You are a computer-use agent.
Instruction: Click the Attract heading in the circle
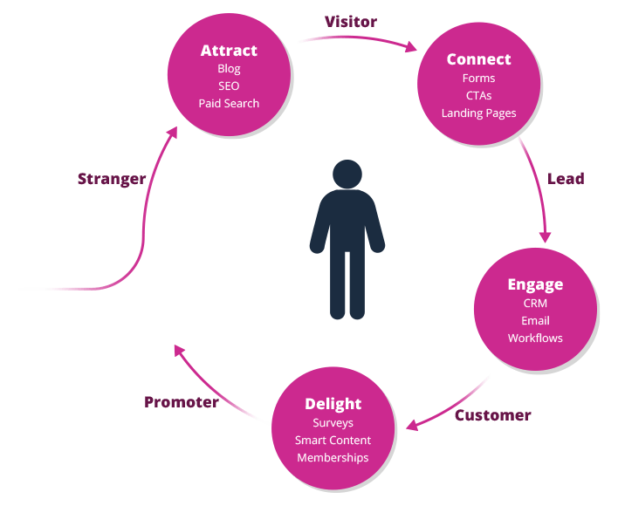[x=229, y=51]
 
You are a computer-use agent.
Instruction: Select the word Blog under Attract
[x=229, y=69]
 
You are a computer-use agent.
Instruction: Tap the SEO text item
[x=229, y=85]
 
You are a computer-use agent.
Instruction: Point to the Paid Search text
[x=229, y=103]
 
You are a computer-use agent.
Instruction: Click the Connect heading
[x=478, y=59]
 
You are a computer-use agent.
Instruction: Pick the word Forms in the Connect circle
[x=478, y=79]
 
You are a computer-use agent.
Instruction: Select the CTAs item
[x=478, y=95]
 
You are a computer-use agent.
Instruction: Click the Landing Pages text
[x=478, y=113]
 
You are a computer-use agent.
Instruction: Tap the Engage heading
[x=535, y=284]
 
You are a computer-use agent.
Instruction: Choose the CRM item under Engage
[x=535, y=304]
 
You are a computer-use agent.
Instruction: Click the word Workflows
[x=535, y=338]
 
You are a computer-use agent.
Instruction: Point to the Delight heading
[x=333, y=404]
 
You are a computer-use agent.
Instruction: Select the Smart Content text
[x=333, y=441]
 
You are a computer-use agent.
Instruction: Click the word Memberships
[x=333, y=458]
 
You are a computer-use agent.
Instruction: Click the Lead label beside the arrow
[x=566, y=178]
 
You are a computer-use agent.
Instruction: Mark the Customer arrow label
[x=492, y=415]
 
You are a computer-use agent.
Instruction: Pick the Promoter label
[x=182, y=402]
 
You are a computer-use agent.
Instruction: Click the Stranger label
[x=112, y=179]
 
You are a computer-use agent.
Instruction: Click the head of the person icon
[x=347, y=174]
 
